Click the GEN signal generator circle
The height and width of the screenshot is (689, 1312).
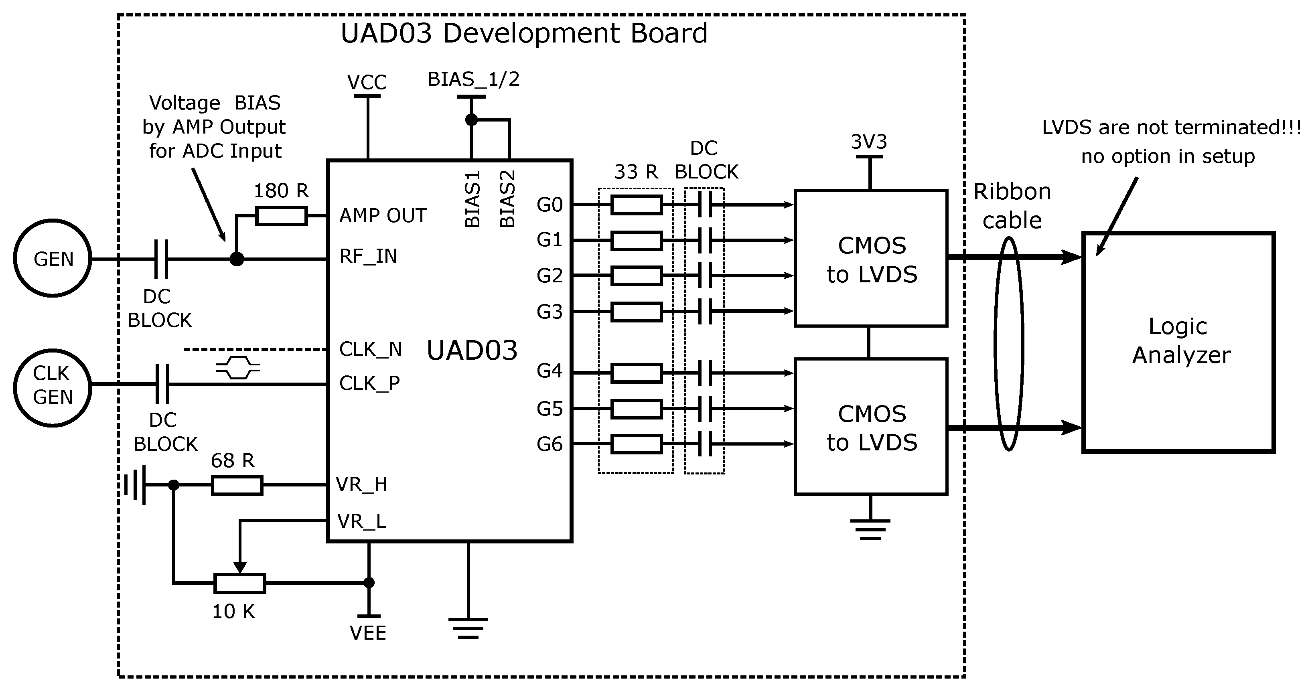click(x=53, y=258)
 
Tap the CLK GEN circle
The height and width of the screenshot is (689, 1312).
click(x=53, y=387)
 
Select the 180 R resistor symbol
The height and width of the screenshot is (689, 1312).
click(x=281, y=216)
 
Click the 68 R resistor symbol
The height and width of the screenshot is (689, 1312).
click(x=237, y=485)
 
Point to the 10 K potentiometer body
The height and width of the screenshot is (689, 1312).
click(x=239, y=583)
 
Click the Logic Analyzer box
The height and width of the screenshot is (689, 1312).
click(x=1178, y=342)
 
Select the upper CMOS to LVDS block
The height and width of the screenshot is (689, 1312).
click(x=870, y=258)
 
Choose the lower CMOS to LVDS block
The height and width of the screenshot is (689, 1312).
click(x=870, y=427)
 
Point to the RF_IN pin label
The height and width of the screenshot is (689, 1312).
click(x=368, y=256)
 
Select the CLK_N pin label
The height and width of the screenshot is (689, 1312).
click(x=371, y=349)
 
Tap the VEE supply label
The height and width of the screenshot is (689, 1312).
click(x=368, y=633)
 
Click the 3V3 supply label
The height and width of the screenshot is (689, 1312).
click(x=869, y=142)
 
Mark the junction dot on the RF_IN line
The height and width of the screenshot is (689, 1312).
click(x=237, y=259)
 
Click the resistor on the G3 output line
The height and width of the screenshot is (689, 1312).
click(x=636, y=312)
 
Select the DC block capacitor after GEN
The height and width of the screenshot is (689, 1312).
click(x=161, y=259)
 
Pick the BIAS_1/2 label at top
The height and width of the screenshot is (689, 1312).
click(x=473, y=79)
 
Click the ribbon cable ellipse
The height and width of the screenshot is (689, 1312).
click(x=1008, y=344)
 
